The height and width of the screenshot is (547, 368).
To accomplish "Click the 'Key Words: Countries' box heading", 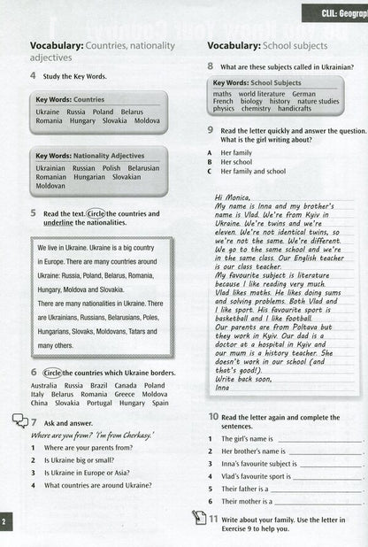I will click(x=70, y=100).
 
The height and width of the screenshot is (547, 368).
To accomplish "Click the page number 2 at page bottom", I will click(x=4, y=523).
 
